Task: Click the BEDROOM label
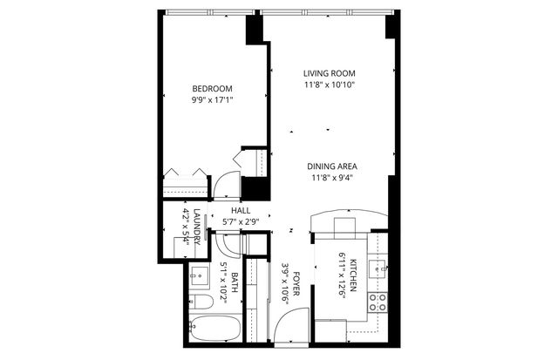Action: point(212,89)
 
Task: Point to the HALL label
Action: point(241,211)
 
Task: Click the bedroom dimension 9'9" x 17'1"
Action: point(212,100)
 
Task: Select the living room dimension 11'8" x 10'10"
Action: point(330,85)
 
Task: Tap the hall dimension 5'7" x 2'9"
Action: point(241,221)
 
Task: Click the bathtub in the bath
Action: point(214,333)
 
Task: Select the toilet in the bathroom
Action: point(199,302)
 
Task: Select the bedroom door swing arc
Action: point(226,184)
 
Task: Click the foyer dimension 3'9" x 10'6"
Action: point(285,286)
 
